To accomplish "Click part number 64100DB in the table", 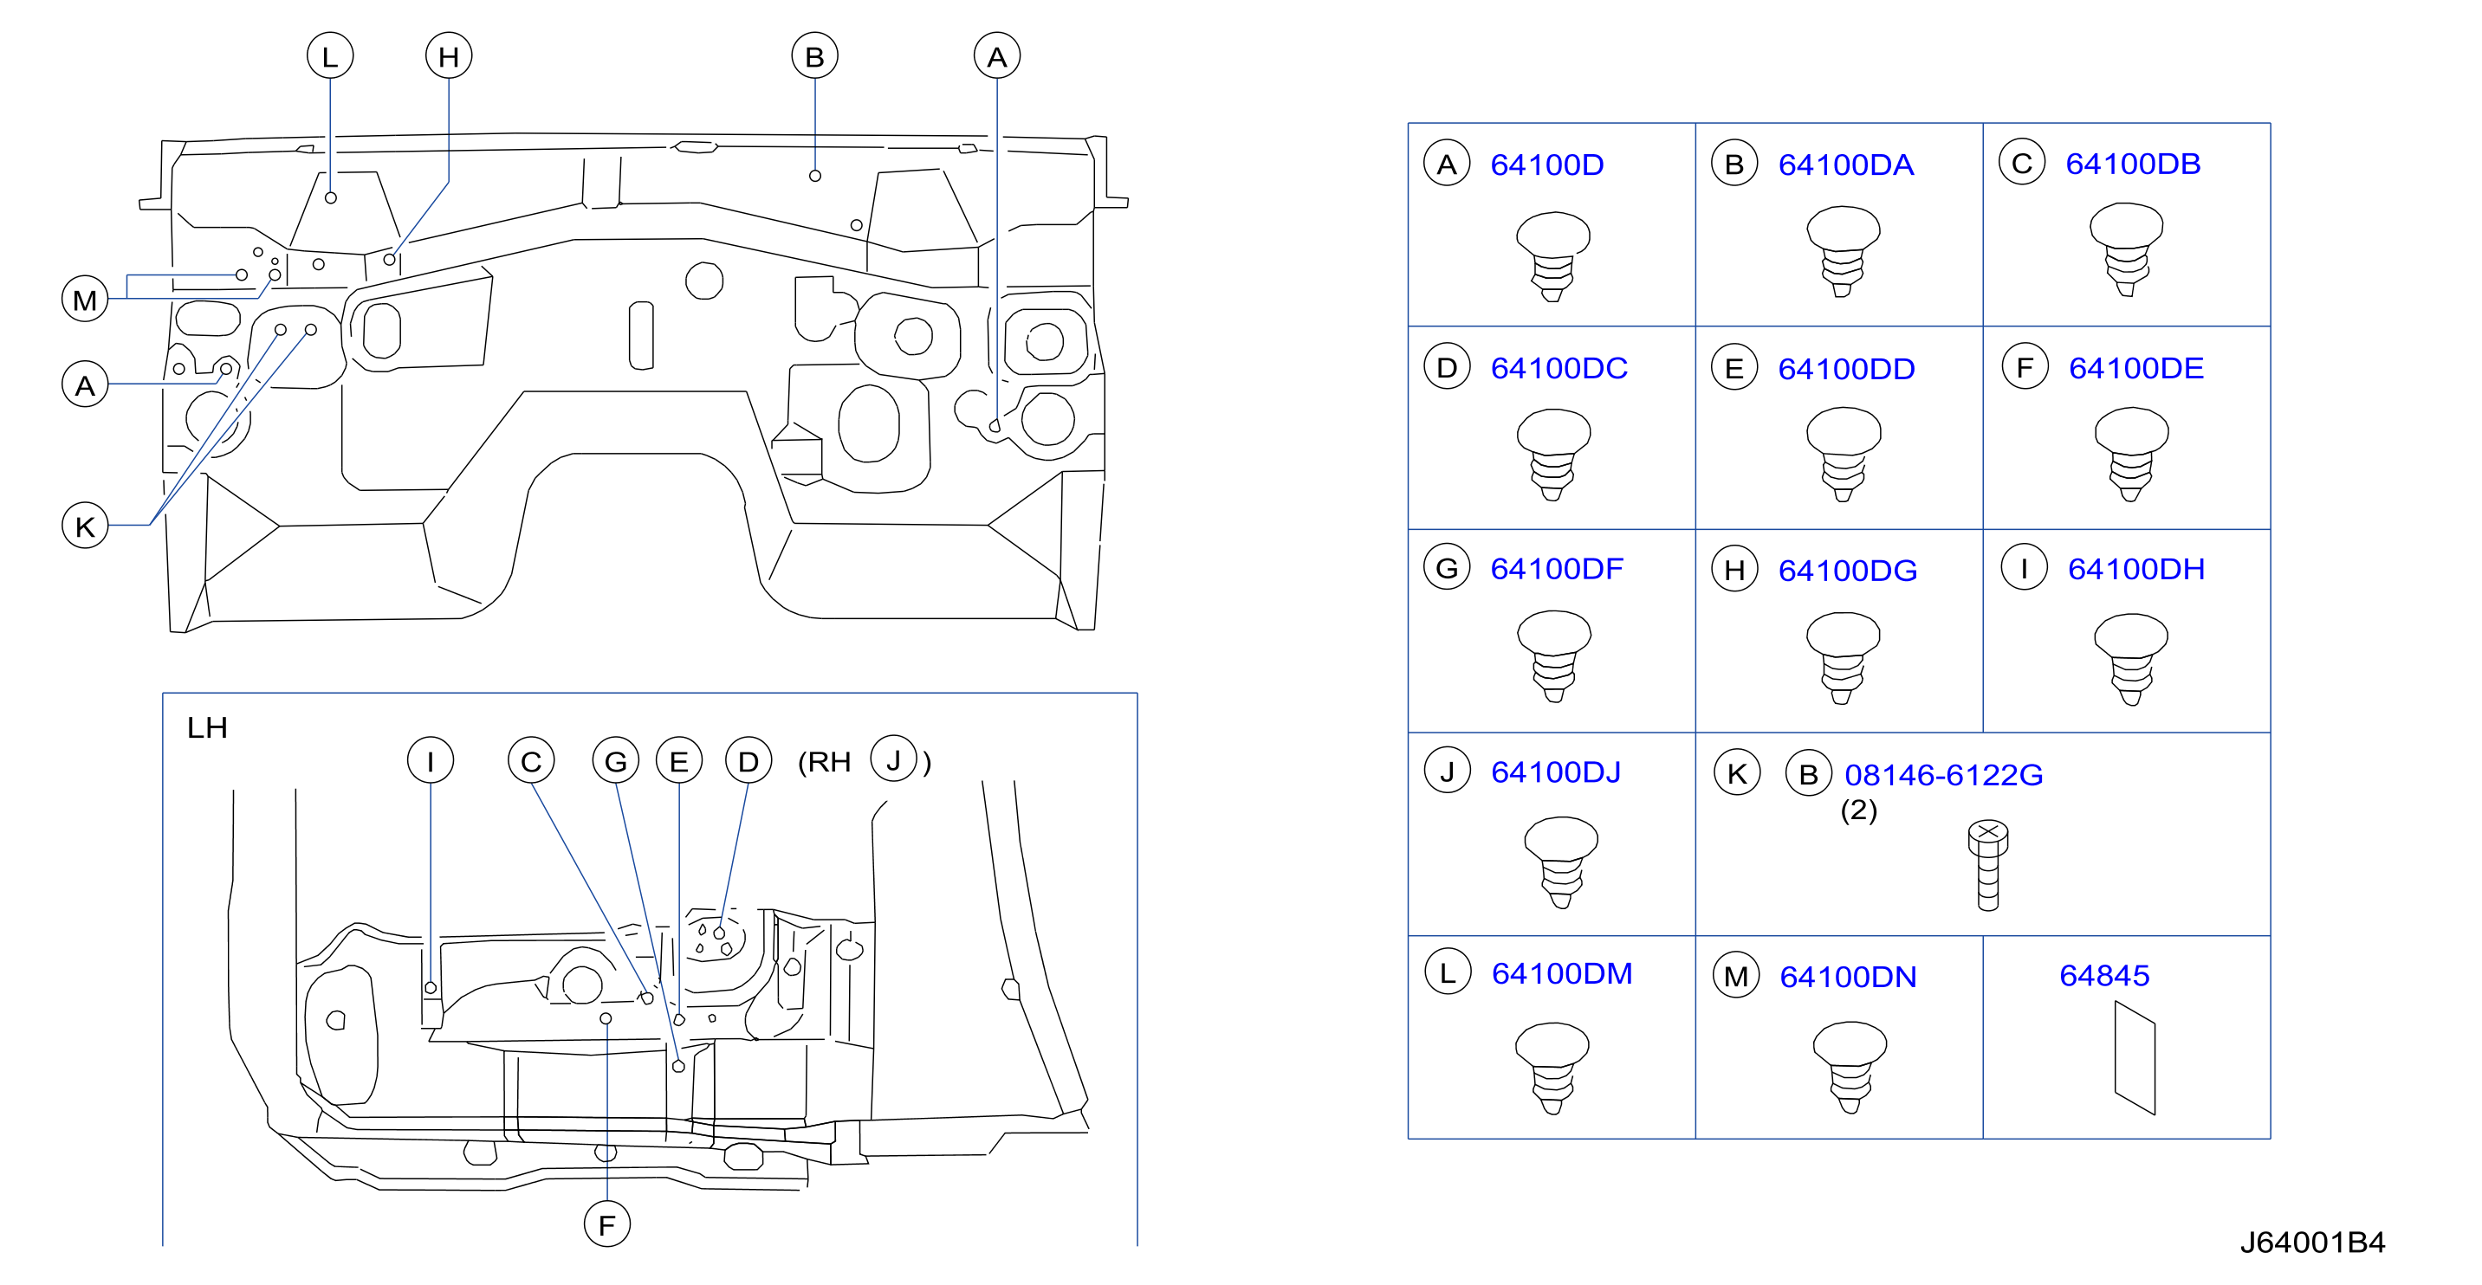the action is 2132,164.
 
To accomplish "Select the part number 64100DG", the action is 1847,571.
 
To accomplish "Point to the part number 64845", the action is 2104,975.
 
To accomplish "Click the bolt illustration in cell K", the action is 1987,865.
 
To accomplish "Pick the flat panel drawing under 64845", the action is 2134,1057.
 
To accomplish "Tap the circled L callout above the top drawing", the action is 329,56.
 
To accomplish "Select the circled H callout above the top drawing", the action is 449,56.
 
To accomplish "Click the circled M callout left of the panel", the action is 85,300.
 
